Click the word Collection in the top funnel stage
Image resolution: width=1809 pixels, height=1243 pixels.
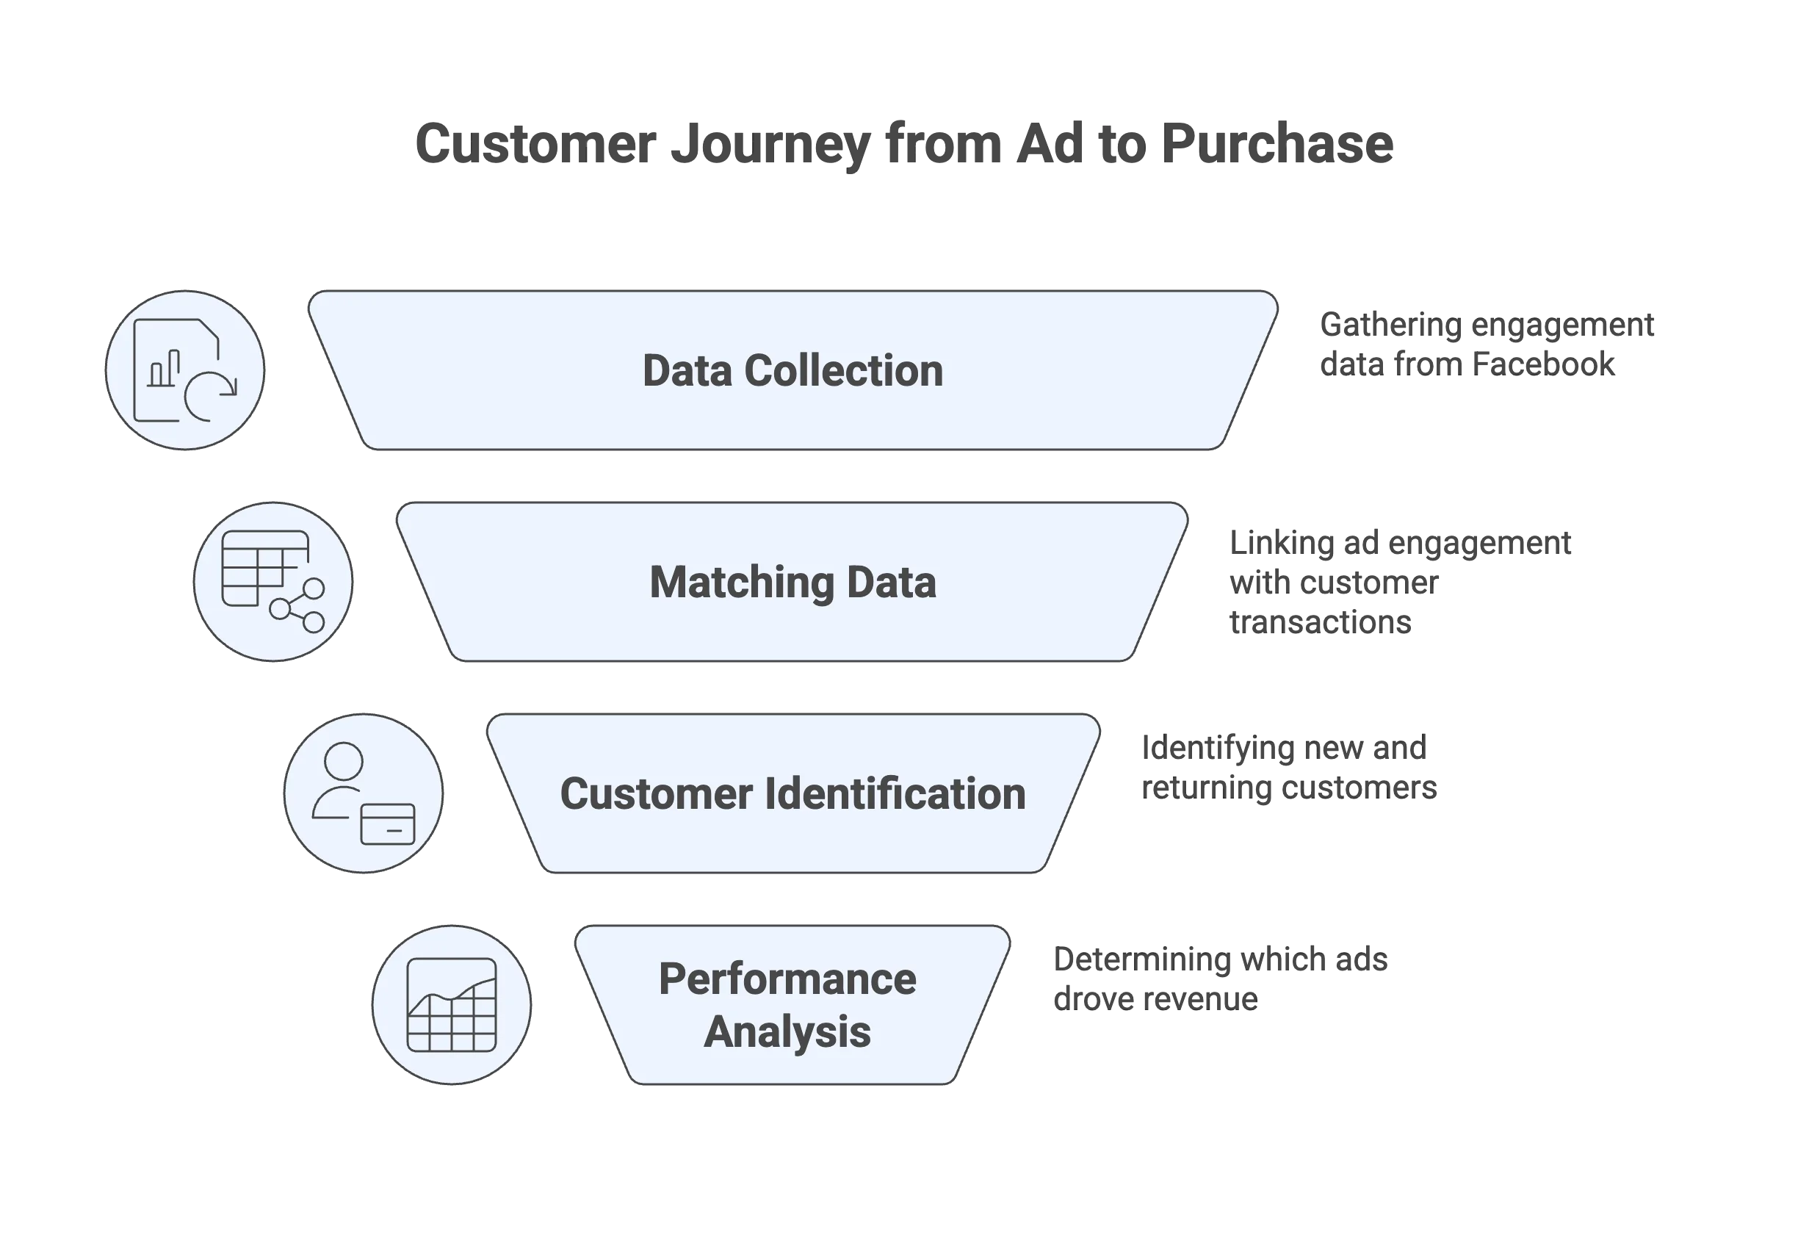tap(843, 371)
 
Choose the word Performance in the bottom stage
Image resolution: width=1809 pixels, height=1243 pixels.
tap(787, 979)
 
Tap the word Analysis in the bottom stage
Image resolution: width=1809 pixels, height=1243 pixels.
tap(787, 1032)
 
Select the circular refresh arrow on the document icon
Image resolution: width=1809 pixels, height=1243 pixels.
tap(209, 397)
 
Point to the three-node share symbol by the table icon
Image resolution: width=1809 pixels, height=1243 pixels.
tap(298, 605)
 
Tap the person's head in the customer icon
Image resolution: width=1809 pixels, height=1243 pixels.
tap(344, 760)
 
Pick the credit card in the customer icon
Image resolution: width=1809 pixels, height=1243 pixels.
tap(388, 824)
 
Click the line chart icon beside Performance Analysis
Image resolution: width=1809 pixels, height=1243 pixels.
tap(452, 1005)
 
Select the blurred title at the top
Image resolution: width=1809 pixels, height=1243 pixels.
tap(904, 144)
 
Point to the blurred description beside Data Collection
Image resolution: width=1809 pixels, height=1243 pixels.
tap(1485, 345)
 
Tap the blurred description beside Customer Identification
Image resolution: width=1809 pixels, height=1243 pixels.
tap(1288, 768)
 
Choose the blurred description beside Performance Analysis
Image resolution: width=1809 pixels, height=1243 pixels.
tap(1220, 980)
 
